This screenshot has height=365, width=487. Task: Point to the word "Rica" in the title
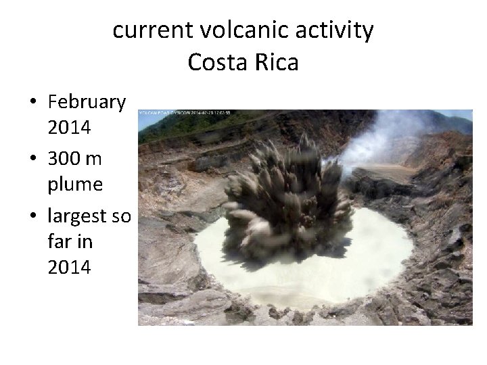pos(276,63)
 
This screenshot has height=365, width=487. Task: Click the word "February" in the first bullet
pos(87,103)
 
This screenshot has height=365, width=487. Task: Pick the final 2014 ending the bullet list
pos(69,267)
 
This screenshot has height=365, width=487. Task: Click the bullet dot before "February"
pos(33,103)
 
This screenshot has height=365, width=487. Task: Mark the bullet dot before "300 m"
pos(33,159)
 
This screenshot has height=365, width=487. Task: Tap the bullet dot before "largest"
pos(33,217)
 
